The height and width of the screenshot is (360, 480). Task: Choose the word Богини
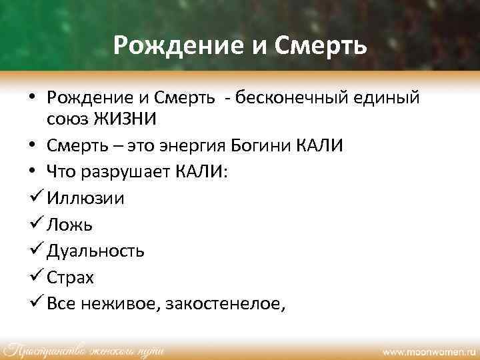coord(283,146)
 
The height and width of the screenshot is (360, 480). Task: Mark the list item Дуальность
coord(95,251)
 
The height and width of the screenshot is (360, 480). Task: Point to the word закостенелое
coord(226,304)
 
